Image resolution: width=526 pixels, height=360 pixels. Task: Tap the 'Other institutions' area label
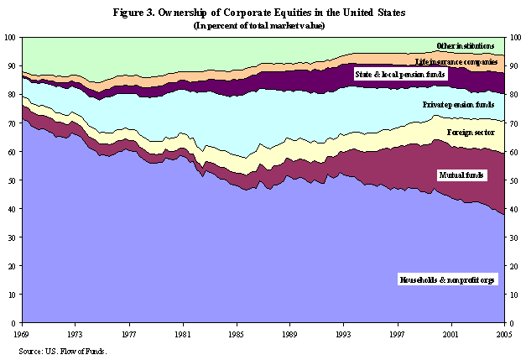[x=464, y=45]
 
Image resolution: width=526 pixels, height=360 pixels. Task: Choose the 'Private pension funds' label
[x=457, y=105]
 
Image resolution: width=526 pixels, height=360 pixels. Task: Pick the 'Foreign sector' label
[x=471, y=133]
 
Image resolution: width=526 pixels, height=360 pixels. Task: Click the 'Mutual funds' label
[x=461, y=175]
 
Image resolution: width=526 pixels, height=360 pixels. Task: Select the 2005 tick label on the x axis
[x=505, y=333]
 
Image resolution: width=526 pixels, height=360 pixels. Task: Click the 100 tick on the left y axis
[x=9, y=37]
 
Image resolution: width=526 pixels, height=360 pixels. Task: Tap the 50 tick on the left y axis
[x=11, y=180]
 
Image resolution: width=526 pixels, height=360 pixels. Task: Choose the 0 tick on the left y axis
[x=13, y=323]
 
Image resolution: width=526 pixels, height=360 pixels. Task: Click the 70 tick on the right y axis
[x=513, y=123]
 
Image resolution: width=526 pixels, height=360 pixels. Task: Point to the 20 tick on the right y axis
[x=513, y=266]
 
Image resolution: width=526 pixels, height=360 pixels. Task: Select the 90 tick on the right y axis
[x=513, y=66]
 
